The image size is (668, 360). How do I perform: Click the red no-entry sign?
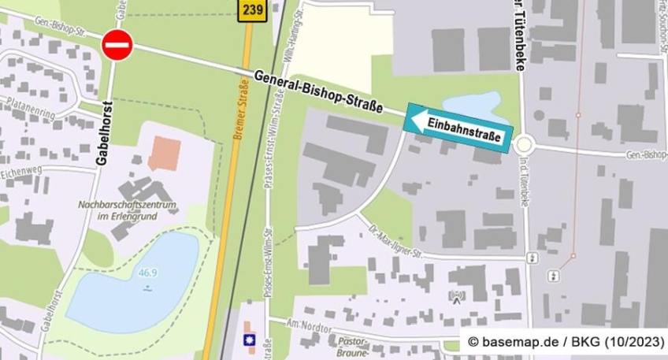click(117, 45)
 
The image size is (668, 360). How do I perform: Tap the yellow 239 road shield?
click(252, 9)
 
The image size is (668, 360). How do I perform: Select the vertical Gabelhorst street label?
click(102, 132)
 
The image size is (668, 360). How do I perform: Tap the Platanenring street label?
click(28, 106)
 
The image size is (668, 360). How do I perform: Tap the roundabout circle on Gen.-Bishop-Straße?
click(524, 145)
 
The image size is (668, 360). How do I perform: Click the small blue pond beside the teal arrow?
click(473, 106)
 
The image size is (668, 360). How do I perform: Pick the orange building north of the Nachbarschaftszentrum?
click(163, 153)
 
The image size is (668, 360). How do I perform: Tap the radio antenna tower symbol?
click(457, 298)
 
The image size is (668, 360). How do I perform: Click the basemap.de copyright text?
click(562, 342)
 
